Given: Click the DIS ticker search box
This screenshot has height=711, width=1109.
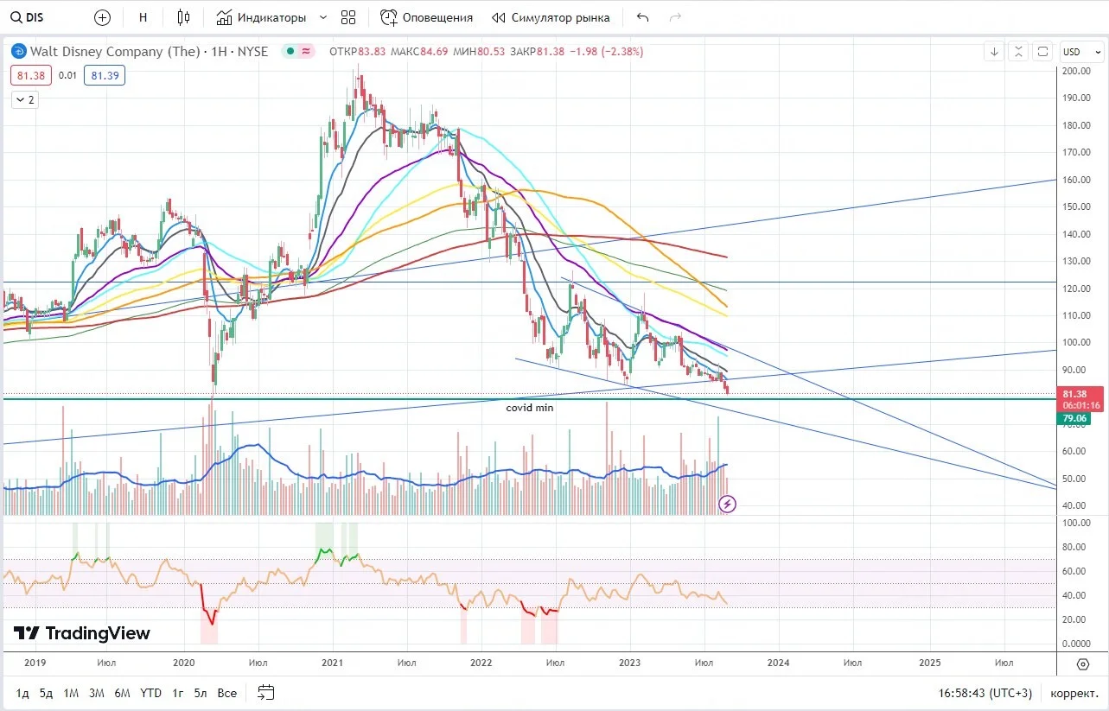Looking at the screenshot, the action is tap(28, 18).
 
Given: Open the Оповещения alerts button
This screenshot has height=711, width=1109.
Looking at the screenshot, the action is tap(426, 18).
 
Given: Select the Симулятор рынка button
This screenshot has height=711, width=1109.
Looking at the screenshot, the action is tap(551, 18).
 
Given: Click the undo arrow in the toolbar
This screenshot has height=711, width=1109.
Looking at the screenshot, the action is tap(642, 18).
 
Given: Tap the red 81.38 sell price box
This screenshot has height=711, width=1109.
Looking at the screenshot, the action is tap(31, 76).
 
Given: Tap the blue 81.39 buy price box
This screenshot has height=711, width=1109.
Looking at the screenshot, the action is tap(105, 76).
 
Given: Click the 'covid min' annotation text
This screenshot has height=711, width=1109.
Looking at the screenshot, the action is tap(529, 408).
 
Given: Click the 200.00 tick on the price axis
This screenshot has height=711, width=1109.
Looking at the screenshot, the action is tap(1076, 71).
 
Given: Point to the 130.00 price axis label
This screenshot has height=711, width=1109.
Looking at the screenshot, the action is tap(1076, 261).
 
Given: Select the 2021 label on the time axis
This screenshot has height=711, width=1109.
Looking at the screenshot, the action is tap(332, 663).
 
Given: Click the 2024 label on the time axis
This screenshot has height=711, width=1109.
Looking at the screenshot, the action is tap(778, 663).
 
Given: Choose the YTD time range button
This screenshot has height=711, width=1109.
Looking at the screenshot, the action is tap(150, 693).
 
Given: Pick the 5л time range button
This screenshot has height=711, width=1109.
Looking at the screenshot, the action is tap(201, 693).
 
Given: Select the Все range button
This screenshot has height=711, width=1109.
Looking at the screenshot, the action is tap(227, 693).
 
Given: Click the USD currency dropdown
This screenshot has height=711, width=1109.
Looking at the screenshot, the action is tap(1081, 52).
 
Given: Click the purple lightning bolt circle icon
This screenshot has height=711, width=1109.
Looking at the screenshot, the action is tap(727, 505).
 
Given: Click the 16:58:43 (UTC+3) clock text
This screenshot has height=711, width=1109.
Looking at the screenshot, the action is tap(985, 693).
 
